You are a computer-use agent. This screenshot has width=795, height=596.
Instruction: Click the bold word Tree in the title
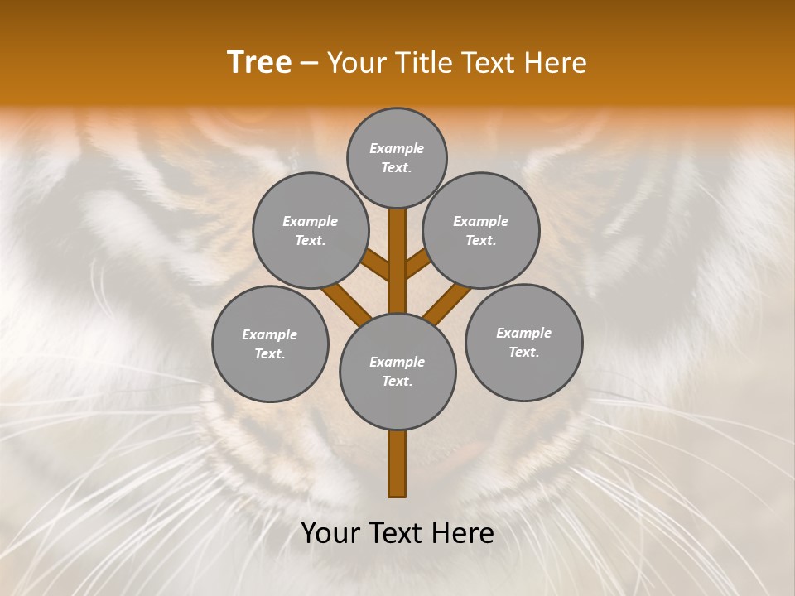pyautogui.click(x=259, y=63)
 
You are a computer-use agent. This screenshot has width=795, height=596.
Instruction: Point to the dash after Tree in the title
pyautogui.click(x=309, y=64)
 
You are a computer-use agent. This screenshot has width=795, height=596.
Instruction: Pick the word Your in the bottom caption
pyautogui.click(x=329, y=533)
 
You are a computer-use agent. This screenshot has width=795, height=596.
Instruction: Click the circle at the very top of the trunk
pyautogui.click(x=397, y=157)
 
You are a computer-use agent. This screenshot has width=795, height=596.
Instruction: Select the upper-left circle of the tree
pyautogui.click(x=311, y=230)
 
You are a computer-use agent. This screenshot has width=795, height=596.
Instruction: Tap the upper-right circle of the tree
pyautogui.click(x=481, y=230)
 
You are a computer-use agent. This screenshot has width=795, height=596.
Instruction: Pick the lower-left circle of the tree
pyautogui.click(x=270, y=344)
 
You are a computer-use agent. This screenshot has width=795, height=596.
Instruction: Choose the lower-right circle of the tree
pyautogui.click(x=523, y=342)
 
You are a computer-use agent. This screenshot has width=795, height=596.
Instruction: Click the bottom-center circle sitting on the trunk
pyautogui.click(x=397, y=371)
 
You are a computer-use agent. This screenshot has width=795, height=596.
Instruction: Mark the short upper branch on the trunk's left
pyautogui.click(x=377, y=265)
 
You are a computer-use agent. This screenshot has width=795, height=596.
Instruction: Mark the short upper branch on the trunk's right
pyautogui.click(x=417, y=264)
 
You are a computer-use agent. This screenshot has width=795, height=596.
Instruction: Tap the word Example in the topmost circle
pyautogui.click(x=397, y=148)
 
